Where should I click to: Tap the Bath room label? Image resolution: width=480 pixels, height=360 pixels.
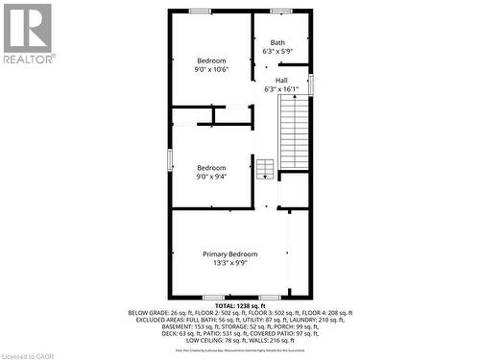[x=277, y=42]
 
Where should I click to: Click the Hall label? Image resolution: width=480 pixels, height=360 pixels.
[x=281, y=80]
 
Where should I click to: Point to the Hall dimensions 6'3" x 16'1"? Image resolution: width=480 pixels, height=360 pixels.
[x=281, y=89]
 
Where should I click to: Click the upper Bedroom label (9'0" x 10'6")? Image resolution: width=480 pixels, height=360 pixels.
[x=211, y=60]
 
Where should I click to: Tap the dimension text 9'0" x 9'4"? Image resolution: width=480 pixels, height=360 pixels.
[x=211, y=177]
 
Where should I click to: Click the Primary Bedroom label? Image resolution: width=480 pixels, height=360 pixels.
[x=229, y=253]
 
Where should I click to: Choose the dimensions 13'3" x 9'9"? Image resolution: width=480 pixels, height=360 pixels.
[x=229, y=263]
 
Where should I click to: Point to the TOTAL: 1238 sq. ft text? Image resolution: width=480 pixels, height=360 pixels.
[x=240, y=305]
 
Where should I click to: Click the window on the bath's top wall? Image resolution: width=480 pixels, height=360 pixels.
[x=281, y=11]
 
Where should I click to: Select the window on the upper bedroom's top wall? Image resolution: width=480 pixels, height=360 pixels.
[x=200, y=11]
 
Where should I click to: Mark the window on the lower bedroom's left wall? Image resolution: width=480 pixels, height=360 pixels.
[x=170, y=158]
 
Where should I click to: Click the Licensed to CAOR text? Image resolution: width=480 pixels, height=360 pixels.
[x=30, y=353]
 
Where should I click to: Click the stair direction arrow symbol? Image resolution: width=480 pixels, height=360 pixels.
[x=265, y=170]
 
